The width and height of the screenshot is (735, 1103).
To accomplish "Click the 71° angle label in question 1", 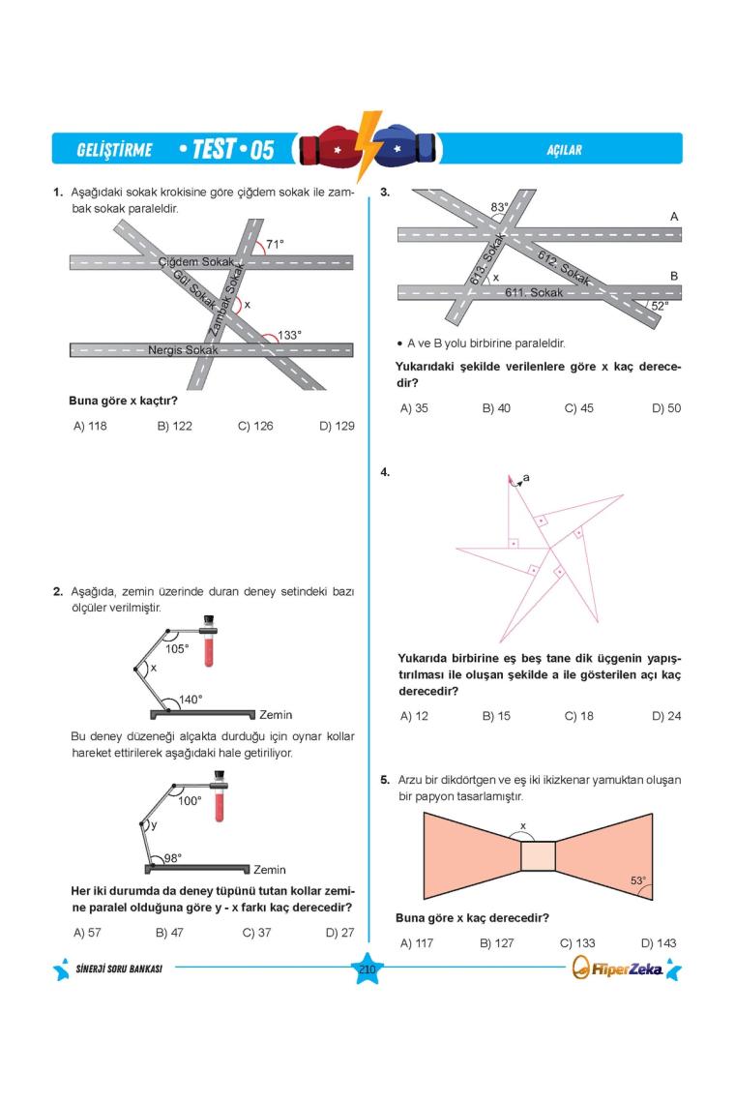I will [275, 245].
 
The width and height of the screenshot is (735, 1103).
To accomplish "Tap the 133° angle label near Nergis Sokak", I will [289, 335].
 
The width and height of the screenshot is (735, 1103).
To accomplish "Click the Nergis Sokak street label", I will [183, 349].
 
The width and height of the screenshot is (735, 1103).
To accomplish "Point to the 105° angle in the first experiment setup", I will [177, 648].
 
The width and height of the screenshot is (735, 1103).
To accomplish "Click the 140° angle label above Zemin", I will [191, 699].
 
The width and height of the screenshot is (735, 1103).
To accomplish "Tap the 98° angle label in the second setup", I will [172, 857].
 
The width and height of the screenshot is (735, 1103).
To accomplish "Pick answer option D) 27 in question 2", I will [339, 933].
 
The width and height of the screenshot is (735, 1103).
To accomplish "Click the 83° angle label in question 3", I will [499, 207].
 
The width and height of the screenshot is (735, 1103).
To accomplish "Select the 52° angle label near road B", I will [660, 305].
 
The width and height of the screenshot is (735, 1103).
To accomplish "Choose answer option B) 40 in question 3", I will [496, 408].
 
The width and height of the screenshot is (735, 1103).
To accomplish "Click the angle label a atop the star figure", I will [526, 477].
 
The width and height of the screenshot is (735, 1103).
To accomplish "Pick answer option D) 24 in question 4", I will [666, 716].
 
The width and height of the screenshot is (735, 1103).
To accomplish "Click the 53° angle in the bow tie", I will [637, 880].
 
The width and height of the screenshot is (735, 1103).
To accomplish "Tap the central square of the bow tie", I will [538, 856].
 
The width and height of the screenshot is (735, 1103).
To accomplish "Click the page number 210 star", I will [367, 969].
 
